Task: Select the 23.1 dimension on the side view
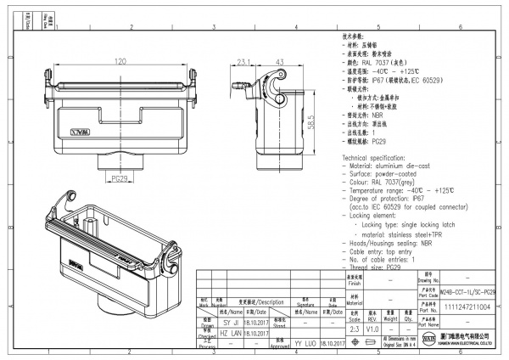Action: [x=244, y=61]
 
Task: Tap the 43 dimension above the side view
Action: [x=279, y=61]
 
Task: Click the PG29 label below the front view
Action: [x=120, y=179]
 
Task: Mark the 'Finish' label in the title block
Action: [x=355, y=284]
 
